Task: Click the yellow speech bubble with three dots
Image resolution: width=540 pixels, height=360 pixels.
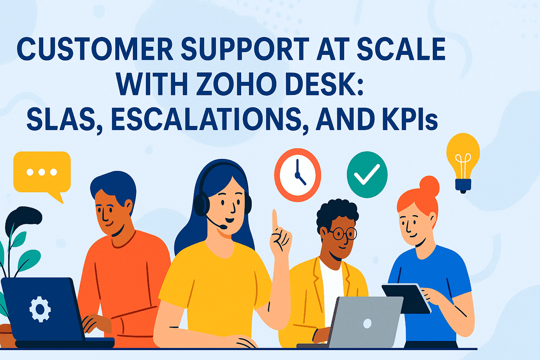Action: pos(42,172)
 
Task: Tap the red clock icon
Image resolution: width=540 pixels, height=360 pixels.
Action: pos(297,174)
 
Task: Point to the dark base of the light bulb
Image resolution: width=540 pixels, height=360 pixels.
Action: pos(462,184)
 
